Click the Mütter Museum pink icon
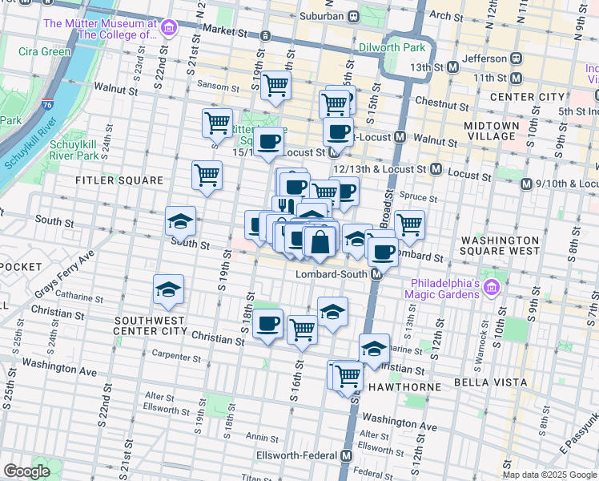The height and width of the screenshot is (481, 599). coord(168,30)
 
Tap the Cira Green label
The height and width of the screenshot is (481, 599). coord(45,51)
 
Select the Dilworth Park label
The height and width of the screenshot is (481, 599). coord(392,48)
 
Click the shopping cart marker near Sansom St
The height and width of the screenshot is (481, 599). coord(275,84)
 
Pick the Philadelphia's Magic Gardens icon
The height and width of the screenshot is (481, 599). coord(491,286)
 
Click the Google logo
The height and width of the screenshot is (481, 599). coord(26,471)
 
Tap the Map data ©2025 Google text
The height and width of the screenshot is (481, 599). coord(549,475)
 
